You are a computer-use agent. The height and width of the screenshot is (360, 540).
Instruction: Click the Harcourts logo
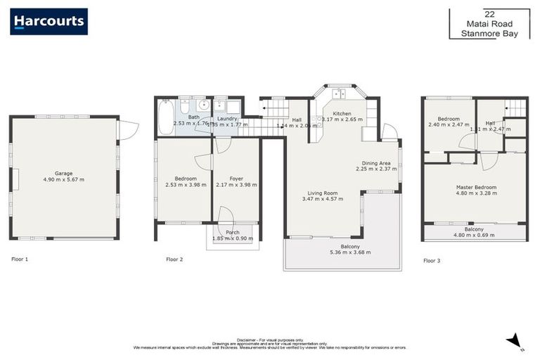pyautogui.click(x=49, y=21)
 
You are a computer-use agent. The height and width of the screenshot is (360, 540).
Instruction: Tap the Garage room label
pyautogui.click(x=64, y=172)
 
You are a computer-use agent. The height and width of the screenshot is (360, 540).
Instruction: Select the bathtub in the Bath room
pyautogui.click(x=166, y=117)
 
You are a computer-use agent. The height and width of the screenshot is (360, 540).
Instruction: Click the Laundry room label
pyautogui.click(x=227, y=118)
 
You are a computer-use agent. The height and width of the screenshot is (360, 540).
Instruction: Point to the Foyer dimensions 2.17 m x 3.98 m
pyautogui.click(x=237, y=185)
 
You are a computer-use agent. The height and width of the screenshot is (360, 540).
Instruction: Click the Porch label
pyautogui.click(x=232, y=232)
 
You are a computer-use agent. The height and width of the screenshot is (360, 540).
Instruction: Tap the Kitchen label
pyautogui.click(x=342, y=113)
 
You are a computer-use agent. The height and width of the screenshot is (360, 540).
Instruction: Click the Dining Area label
pyautogui.click(x=376, y=162)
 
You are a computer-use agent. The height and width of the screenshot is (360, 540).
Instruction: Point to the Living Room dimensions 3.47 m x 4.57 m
pyautogui.click(x=323, y=199)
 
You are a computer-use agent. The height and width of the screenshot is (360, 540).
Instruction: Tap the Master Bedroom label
pyautogui.click(x=476, y=187)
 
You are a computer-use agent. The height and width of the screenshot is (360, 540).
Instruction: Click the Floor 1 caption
pyautogui.click(x=20, y=259)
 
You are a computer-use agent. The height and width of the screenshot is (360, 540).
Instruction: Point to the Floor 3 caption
pyautogui.click(x=432, y=261)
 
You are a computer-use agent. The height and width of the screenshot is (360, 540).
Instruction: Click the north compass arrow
pyautogui.click(x=516, y=340)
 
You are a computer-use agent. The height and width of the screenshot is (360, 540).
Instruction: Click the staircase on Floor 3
pyautogui.click(x=515, y=108)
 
